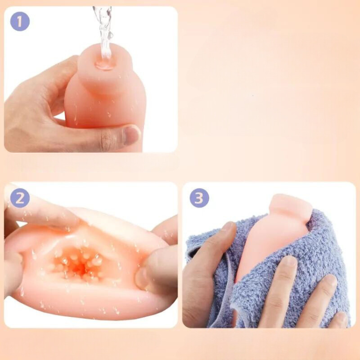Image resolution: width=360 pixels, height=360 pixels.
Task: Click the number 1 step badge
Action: [x=20, y=21]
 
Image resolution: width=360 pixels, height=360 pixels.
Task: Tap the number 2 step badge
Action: [x=20, y=198]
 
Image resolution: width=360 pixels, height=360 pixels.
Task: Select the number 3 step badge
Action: [x=199, y=197]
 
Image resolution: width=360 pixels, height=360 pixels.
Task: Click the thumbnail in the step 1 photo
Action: [x=131, y=135]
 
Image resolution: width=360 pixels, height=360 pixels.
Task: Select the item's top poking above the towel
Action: [x=290, y=206]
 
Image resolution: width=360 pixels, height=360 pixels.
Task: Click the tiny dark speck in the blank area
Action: [x=253, y=95]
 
